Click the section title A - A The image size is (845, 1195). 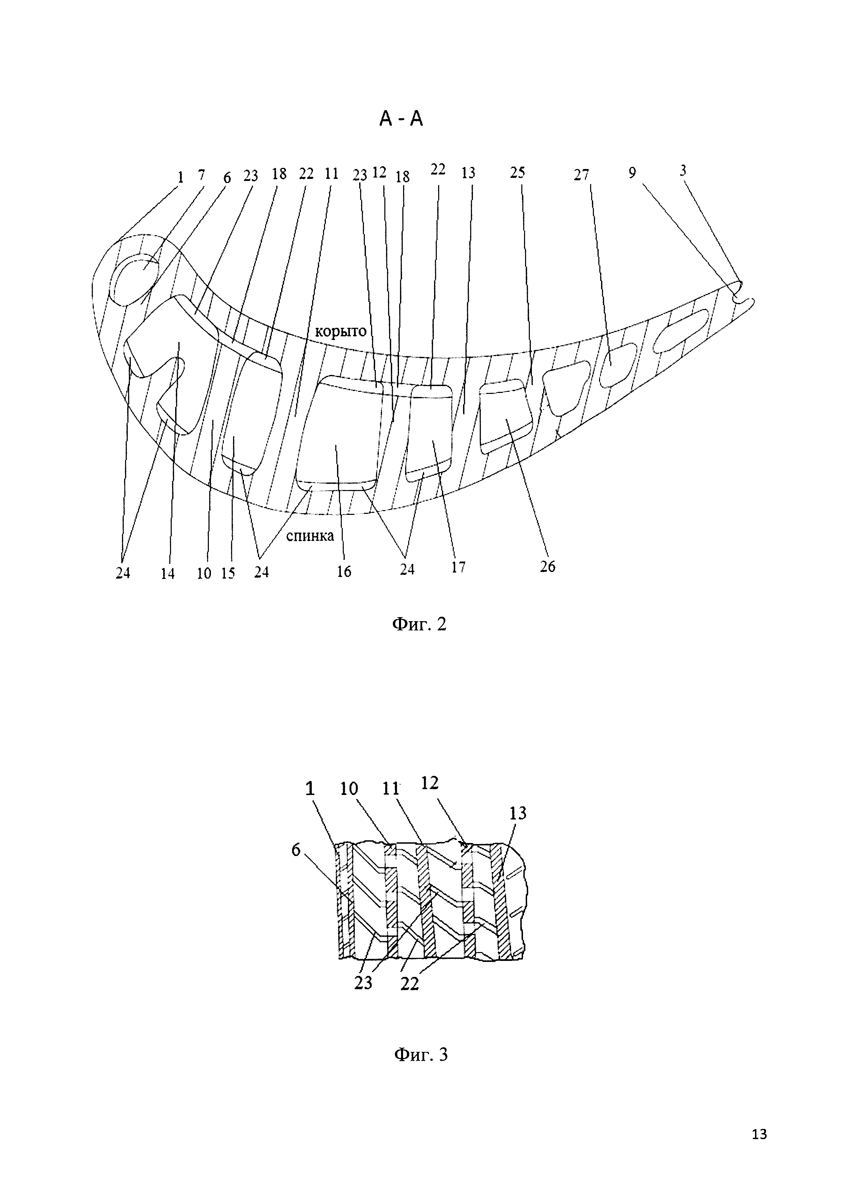point(401,120)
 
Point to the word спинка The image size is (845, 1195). point(310,536)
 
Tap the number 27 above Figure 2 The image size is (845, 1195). point(581,175)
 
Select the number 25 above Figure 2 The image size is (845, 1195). point(517,172)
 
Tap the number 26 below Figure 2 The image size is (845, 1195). point(548,566)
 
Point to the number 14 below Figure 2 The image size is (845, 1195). point(168,573)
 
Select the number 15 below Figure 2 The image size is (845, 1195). point(228,573)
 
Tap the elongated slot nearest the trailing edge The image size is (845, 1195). point(681,331)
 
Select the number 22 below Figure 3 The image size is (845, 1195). point(410,984)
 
